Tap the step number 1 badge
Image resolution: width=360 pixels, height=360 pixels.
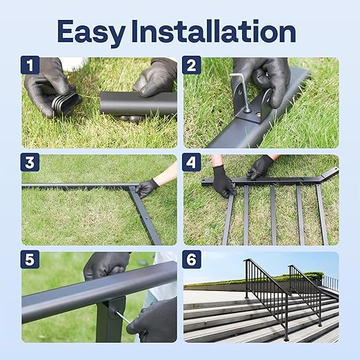30,66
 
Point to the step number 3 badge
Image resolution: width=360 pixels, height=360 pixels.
30,163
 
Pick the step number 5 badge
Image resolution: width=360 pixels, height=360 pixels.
30,260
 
